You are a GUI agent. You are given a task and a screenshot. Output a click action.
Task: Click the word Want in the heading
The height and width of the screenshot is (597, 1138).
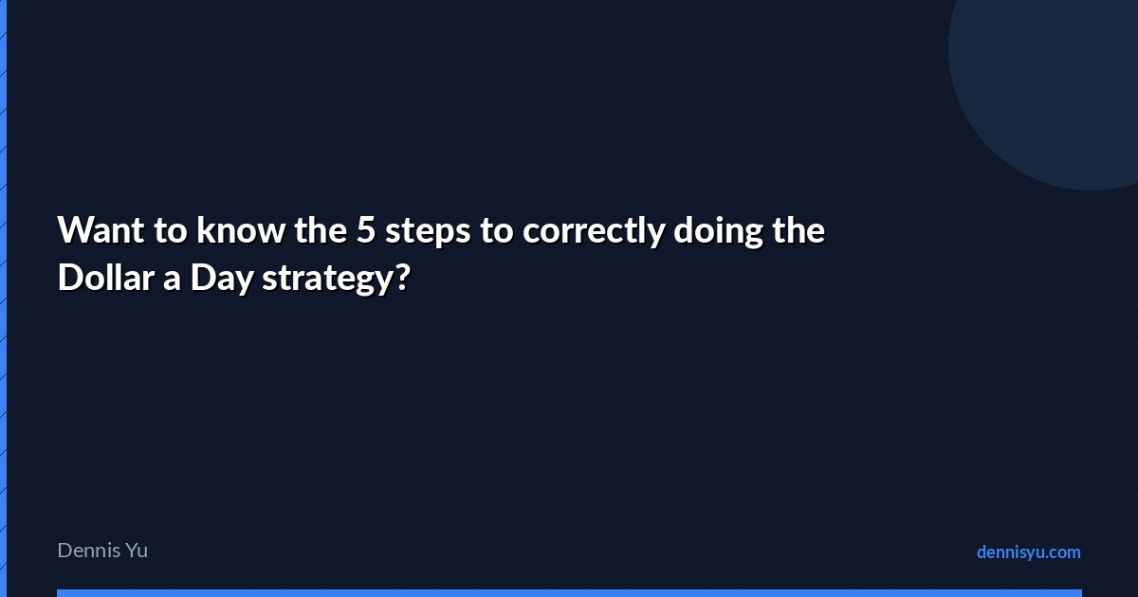point(101,230)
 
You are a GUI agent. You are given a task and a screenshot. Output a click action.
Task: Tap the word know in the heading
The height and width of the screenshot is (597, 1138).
point(240,230)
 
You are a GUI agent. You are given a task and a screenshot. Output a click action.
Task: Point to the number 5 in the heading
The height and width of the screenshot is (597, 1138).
point(365,231)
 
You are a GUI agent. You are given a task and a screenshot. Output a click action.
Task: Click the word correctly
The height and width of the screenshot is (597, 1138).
point(594,232)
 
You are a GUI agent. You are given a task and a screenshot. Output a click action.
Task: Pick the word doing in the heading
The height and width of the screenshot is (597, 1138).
point(719,232)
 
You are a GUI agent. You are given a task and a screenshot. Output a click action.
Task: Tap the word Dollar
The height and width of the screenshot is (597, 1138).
point(106,278)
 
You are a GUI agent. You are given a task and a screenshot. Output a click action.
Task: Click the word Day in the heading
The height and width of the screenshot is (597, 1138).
point(222,280)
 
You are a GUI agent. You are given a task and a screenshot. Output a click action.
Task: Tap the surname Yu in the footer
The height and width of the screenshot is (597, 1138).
point(137,551)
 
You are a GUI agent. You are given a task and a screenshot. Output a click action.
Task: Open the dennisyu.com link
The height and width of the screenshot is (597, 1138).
point(1029,552)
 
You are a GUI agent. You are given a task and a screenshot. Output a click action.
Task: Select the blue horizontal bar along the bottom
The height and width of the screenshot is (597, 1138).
point(569,593)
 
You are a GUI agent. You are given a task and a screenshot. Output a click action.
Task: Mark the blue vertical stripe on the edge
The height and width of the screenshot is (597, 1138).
point(3,298)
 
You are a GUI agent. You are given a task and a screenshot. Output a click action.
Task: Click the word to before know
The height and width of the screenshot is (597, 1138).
point(171,231)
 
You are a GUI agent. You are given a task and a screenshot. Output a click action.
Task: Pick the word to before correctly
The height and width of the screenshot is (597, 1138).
point(496,231)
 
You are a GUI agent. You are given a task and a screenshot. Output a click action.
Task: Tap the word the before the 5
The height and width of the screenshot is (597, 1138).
point(321,230)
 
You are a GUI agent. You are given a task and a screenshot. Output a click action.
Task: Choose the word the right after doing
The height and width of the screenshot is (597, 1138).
point(798,230)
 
